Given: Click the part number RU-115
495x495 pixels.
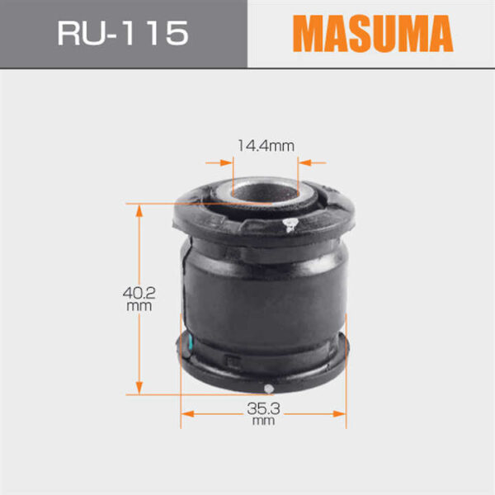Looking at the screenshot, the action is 123,33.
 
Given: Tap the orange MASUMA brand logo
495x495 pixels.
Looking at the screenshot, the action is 373,33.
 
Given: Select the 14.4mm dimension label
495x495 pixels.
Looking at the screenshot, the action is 266,146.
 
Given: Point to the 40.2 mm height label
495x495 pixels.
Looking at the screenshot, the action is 139,299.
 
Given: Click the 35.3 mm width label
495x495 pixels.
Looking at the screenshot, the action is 264,414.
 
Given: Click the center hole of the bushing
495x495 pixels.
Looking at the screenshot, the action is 265,191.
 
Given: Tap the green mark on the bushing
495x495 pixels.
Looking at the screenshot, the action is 190,343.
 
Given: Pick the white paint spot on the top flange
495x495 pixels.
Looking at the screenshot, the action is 290,224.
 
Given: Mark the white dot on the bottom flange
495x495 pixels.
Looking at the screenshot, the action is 269,389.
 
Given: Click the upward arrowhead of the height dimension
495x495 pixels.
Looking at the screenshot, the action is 139,210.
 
